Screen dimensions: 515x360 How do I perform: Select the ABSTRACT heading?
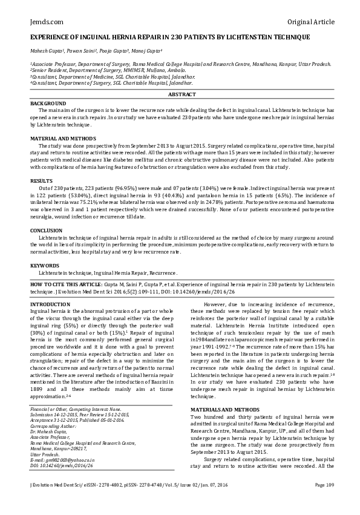(x=180, y=95)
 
